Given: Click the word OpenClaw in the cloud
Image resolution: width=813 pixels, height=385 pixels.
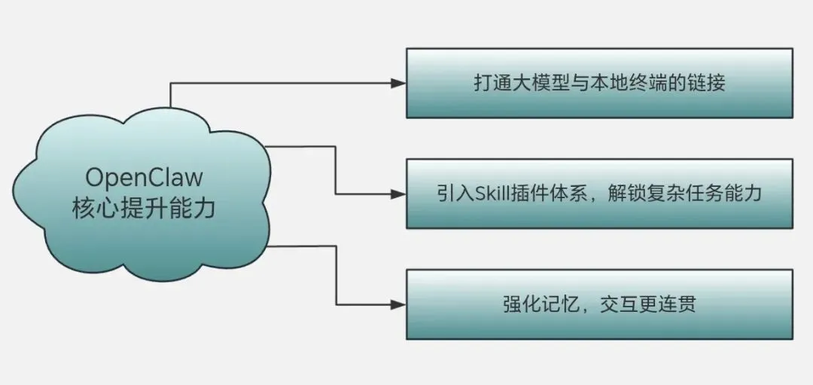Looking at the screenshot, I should tap(144, 178).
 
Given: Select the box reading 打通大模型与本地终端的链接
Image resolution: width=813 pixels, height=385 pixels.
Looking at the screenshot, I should tap(599, 83).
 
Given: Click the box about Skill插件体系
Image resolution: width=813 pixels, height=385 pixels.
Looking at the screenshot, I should tap(599, 194).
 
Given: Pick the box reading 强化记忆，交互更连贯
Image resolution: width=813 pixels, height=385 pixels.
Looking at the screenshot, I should tap(599, 304).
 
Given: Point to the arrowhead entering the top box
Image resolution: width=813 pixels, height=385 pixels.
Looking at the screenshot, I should tap(398, 83).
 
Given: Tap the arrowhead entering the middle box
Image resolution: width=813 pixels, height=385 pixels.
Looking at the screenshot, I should tap(398, 194).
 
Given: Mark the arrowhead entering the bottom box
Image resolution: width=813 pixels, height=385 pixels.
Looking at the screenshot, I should tap(398, 304).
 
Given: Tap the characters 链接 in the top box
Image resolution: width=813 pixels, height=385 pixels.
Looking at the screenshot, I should tap(708, 83).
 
